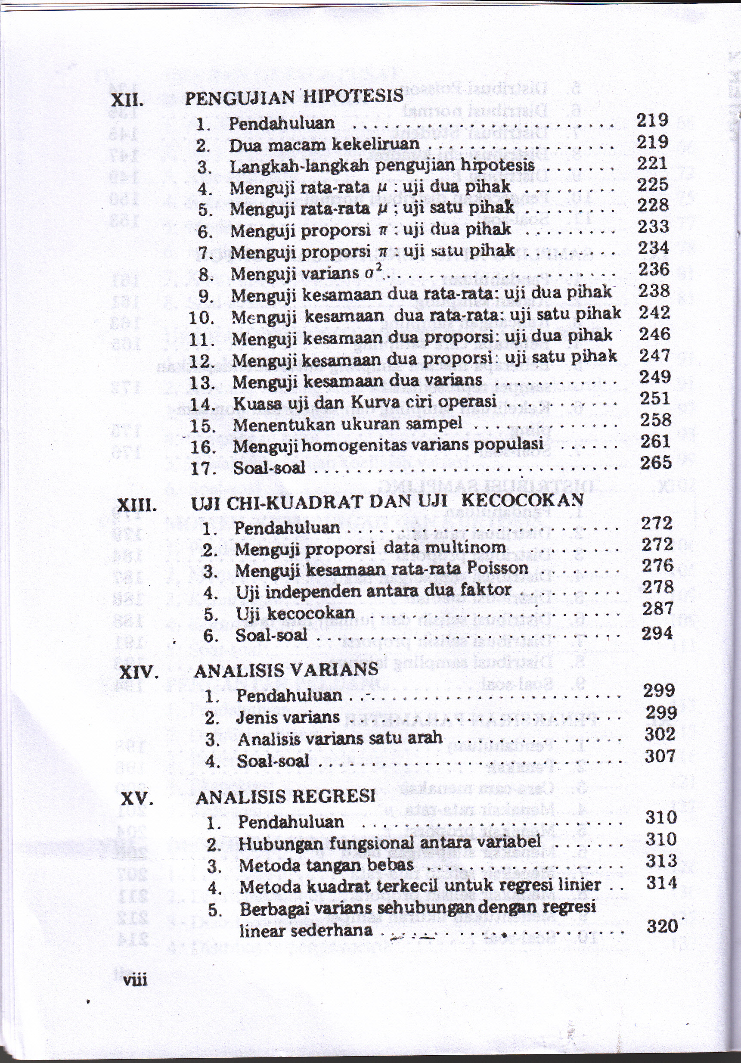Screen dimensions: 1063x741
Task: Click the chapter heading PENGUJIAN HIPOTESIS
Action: coord(294,97)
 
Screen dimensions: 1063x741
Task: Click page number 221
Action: coord(652,163)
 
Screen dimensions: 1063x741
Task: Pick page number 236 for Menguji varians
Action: coord(654,270)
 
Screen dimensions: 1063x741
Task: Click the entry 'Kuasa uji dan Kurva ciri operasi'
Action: coord(364,403)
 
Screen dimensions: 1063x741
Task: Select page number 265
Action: coord(656,463)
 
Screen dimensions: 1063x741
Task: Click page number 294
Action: coord(657,632)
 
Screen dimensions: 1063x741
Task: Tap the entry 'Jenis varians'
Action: coord(288,718)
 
